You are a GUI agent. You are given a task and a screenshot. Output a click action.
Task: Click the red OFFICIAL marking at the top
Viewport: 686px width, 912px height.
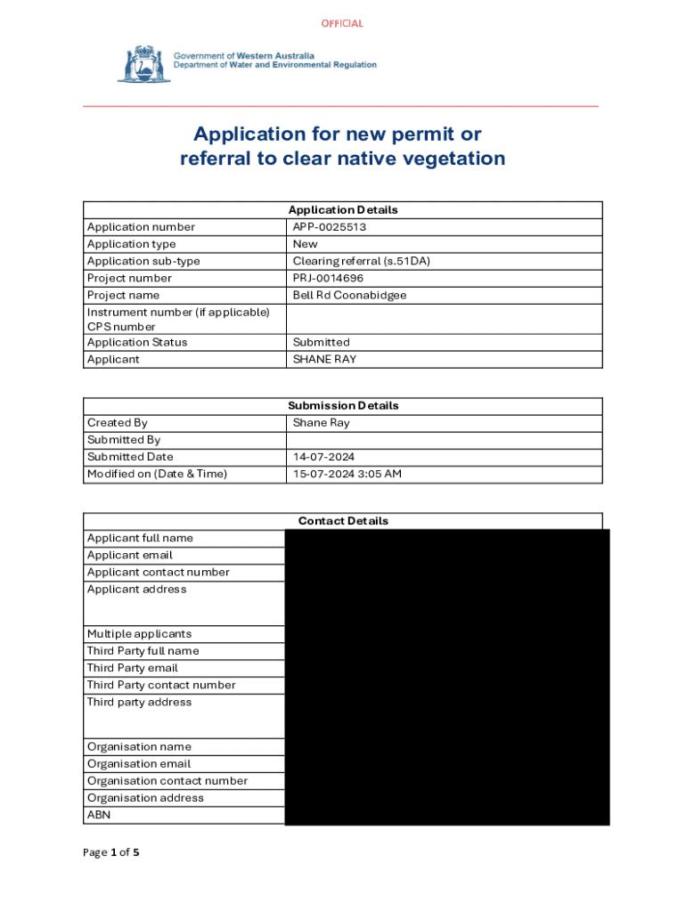342,23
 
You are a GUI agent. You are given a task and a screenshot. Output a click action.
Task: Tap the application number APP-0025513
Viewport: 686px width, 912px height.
330,227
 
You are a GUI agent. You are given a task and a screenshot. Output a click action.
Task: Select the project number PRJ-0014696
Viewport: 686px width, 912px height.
328,278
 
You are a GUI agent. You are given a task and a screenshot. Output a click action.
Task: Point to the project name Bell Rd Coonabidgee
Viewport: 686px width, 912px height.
349,295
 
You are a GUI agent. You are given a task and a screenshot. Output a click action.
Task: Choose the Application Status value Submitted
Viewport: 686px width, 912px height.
321,342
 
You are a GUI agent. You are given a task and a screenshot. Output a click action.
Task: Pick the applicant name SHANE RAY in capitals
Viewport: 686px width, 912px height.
325,359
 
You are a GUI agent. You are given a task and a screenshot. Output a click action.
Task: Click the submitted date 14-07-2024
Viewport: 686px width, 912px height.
324,457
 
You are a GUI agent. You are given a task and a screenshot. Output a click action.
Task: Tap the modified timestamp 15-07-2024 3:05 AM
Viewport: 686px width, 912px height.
347,474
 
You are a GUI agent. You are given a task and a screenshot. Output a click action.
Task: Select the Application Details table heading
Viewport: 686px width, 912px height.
343,210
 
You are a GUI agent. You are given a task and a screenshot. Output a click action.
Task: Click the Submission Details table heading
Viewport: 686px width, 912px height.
343,405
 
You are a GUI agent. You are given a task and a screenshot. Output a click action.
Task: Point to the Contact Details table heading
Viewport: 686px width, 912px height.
343,521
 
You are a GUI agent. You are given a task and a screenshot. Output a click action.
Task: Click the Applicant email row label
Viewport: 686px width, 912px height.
130,555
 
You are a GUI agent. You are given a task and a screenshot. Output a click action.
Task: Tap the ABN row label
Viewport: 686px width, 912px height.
99,815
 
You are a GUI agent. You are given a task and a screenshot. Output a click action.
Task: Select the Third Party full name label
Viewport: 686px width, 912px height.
143,651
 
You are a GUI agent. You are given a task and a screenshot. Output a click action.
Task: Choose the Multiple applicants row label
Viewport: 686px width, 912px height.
139,634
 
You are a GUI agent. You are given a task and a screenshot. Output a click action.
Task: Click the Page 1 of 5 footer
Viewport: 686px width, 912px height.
111,852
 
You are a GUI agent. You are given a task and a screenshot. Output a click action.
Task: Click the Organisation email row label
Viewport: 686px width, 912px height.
139,764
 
